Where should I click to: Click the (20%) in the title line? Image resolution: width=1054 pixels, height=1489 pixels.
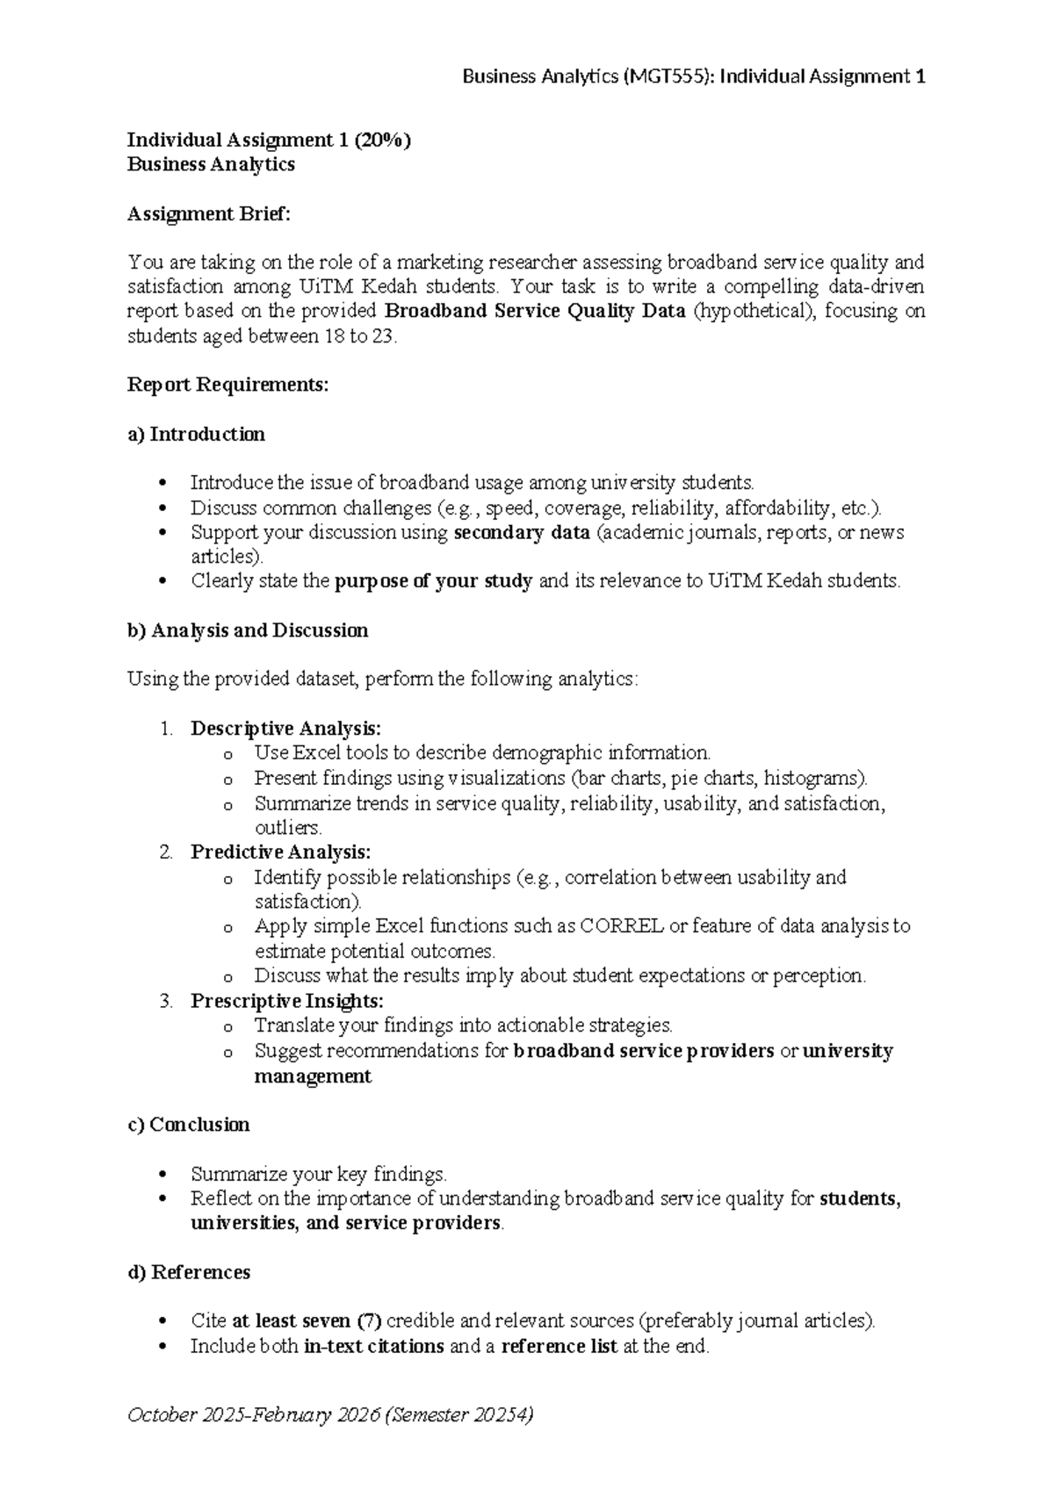[383, 140]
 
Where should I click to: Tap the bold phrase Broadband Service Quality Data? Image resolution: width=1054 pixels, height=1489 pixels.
[535, 312]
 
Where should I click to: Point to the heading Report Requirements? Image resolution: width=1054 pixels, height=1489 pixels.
[228, 385]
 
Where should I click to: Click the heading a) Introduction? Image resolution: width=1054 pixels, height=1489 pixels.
[196, 434]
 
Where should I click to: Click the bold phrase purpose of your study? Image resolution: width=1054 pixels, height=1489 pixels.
[434, 581]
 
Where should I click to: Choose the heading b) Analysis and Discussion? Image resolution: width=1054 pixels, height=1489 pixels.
[248, 630]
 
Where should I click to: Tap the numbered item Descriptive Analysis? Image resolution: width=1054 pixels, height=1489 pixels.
[286, 729]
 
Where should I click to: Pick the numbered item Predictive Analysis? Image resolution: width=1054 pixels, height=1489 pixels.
[281, 852]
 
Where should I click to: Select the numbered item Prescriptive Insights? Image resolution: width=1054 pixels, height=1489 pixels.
[287, 1001]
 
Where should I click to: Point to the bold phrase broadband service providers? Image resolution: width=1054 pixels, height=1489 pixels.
[644, 1051]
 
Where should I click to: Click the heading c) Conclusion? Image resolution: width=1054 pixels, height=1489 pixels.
[189, 1125]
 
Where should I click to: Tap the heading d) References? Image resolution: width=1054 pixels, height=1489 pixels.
[189, 1272]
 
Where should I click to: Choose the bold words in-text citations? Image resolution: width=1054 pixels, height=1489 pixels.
[373, 1347]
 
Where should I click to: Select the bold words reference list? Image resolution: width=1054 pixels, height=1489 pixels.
[559, 1347]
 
